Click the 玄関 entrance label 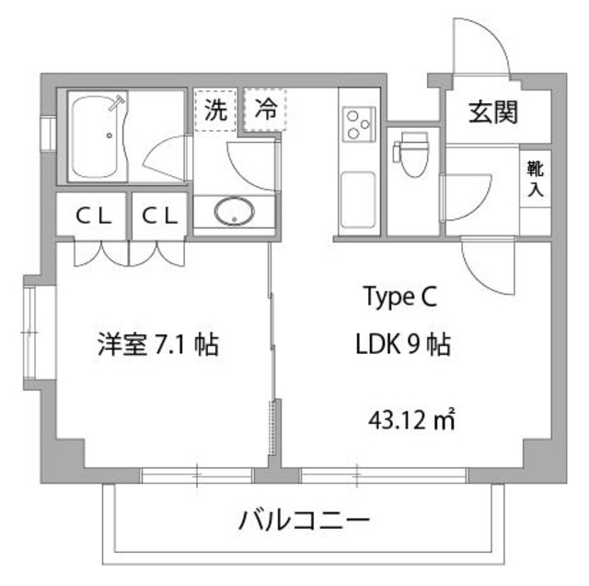coord(493,112)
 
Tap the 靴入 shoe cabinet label coord(535,179)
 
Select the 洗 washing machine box coord(215,111)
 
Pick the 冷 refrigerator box coord(265,111)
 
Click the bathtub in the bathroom coord(99,136)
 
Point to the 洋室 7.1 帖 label coord(157,346)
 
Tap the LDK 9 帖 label coord(402,346)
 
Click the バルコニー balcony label coord(305,522)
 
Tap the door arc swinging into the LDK coord(485,267)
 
